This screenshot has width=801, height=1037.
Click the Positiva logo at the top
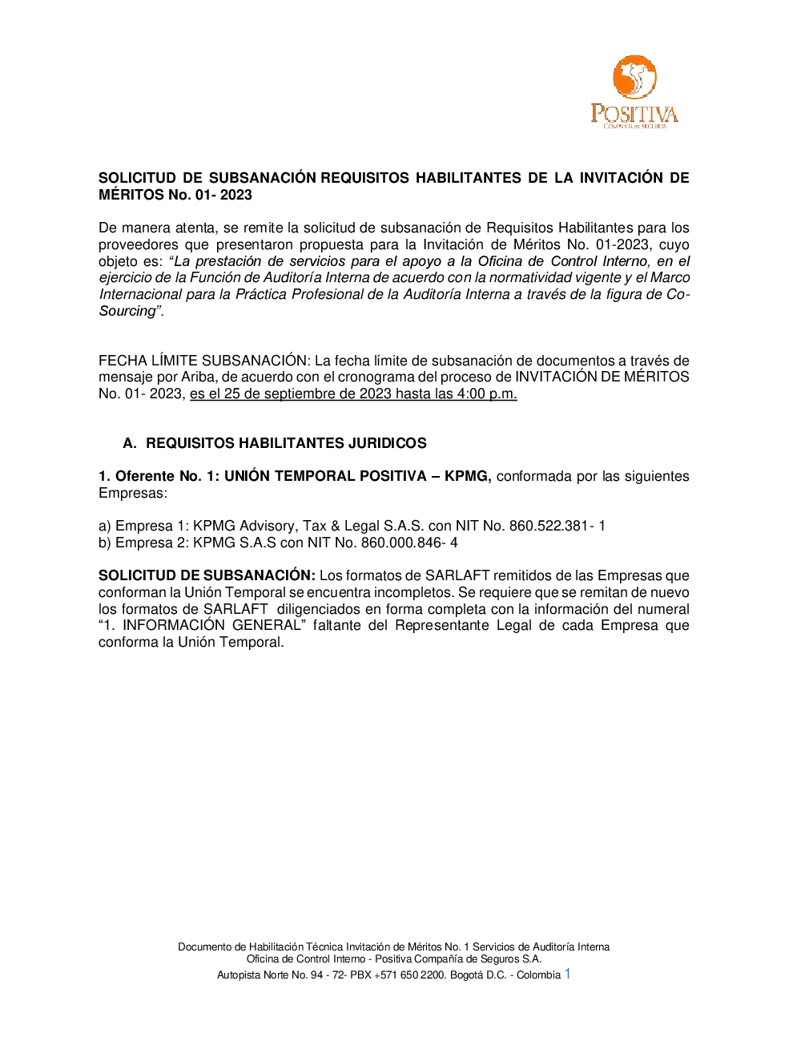634,92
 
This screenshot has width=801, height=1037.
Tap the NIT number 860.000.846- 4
409,543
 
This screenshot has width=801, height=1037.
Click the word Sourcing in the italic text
127,311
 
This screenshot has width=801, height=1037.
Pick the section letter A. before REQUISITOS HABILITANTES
129,443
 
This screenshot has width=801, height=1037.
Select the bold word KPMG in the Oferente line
467,476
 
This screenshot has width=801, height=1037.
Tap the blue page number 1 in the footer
568,974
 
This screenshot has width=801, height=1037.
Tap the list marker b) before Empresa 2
105,543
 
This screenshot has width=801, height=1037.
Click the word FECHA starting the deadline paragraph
123,361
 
